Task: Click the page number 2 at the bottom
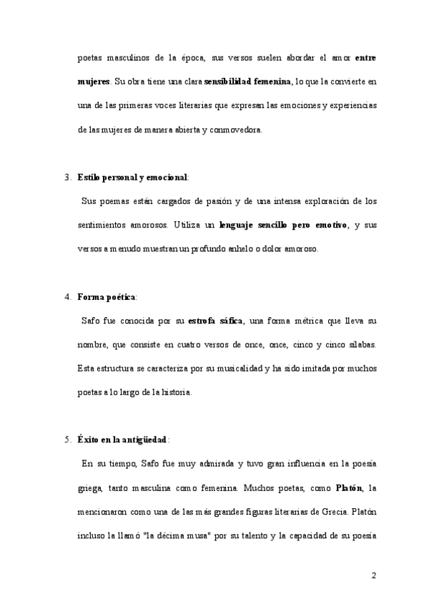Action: click(x=373, y=576)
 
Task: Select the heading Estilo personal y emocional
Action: click(x=132, y=176)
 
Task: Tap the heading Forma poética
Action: click(x=106, y=296)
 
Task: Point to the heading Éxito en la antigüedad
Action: click(x=122, y=440)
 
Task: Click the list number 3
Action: click(x=66, y=176)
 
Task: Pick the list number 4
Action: click(x=66, y=296)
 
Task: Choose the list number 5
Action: click(x=66, y=440)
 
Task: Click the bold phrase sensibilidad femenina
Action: click(x=249, y=82)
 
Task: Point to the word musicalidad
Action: click(x=225, y=369)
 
